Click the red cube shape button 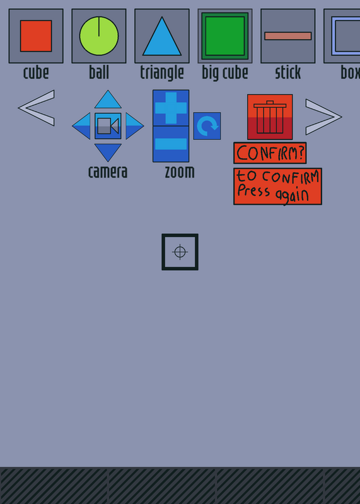[36, 36]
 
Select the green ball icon [99, 36]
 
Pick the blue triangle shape [162, 36]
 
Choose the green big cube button [225, 36]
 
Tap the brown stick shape [288, 36]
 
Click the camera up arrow [108, 100]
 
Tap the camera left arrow [81, 126]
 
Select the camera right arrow [135, 126]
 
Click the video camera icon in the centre [108, 126]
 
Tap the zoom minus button [171, 144]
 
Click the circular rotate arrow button [207, 126]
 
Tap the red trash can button [270, 117]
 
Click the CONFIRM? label [270, 153]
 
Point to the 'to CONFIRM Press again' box [277, 186]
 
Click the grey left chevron [37, 108]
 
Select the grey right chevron [323, 117]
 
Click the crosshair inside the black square [180, 252]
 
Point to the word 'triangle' [162, 73]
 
